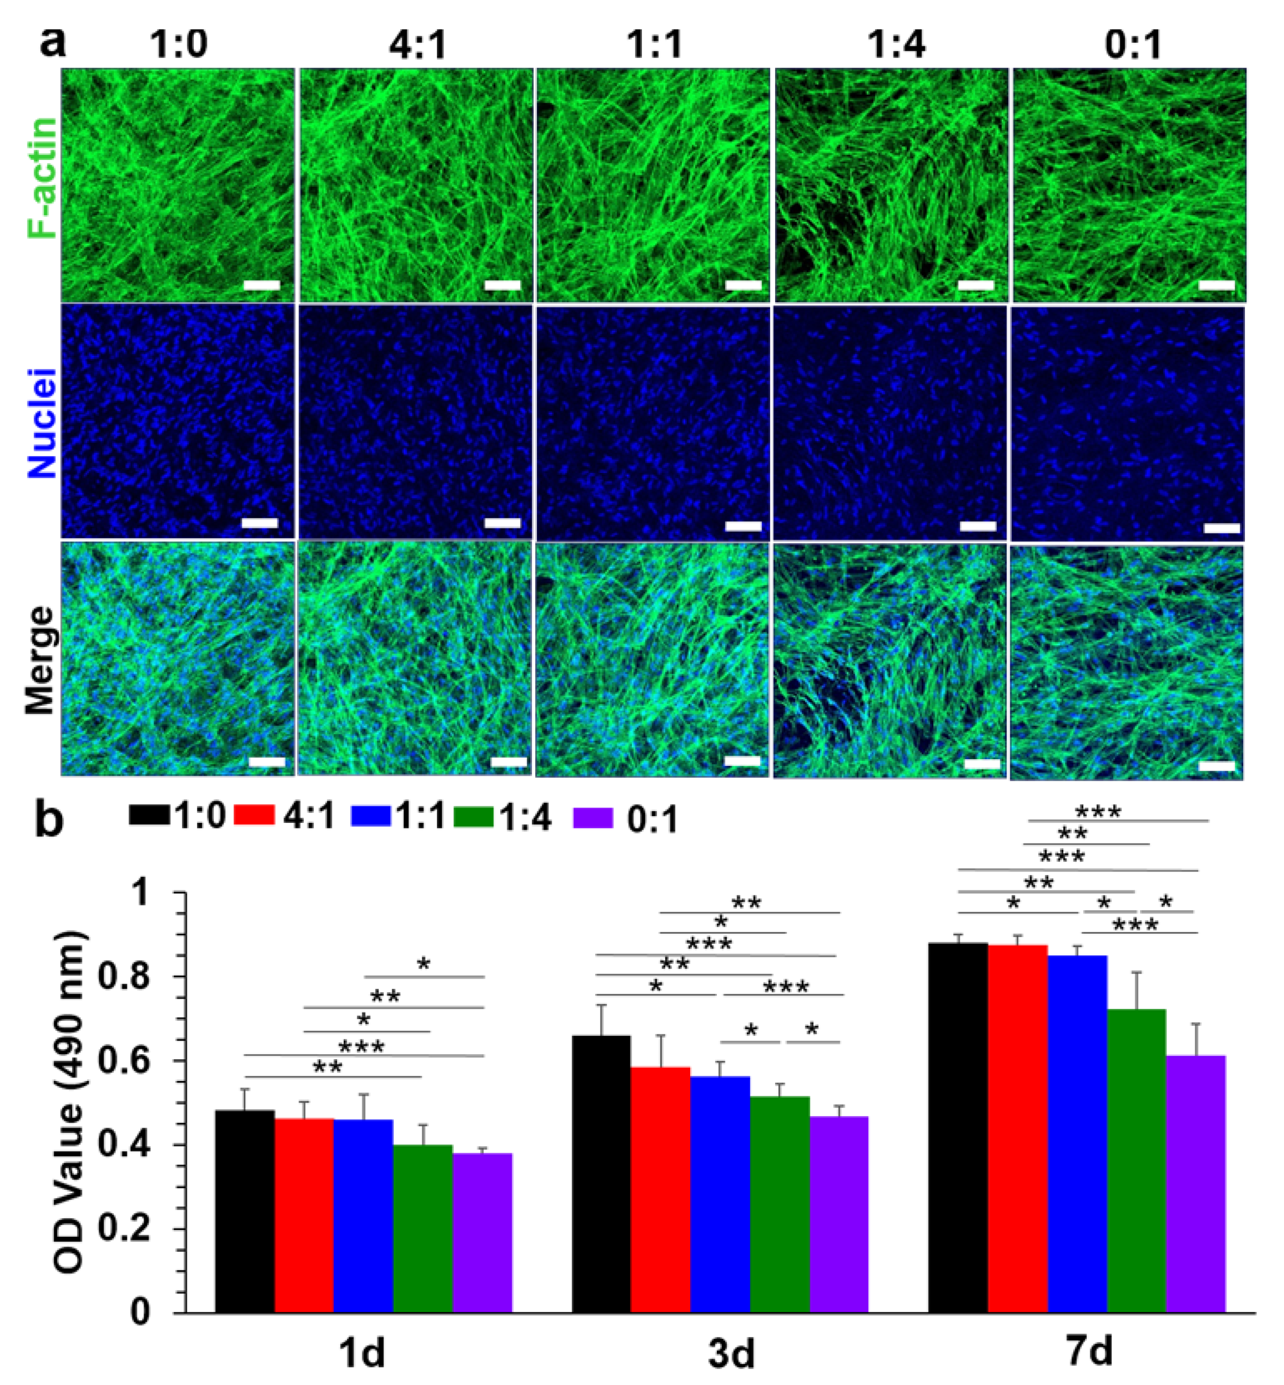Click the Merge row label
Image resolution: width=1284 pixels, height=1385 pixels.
coord(40,660)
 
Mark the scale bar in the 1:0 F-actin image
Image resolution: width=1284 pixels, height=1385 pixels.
coord(262,285)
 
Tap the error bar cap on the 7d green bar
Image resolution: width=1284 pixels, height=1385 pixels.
coord(1137,972)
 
